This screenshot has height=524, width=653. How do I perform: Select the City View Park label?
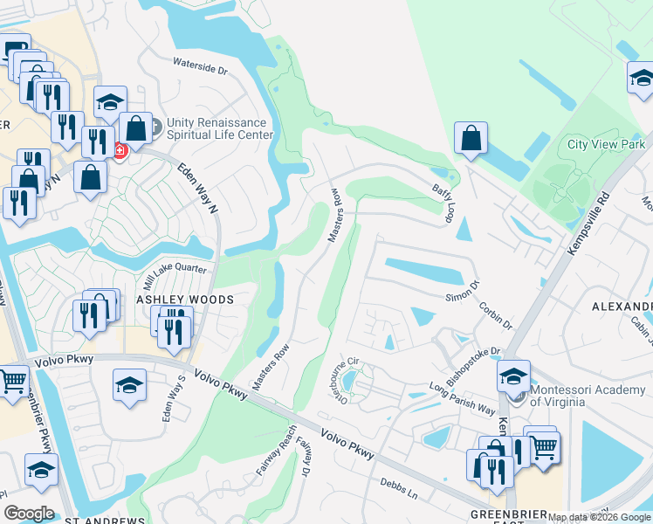click(606, 144)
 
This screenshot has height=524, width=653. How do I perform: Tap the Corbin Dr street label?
click(495, 314)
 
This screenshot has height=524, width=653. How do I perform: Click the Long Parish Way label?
click(462, 399)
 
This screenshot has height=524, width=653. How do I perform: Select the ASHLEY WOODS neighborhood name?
click(184, 300)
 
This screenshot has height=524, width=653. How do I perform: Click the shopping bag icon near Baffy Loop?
click(471, 138)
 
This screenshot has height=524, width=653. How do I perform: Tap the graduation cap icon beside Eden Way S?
click(129, 384)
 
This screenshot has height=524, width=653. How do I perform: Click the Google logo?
click(28, 514)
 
